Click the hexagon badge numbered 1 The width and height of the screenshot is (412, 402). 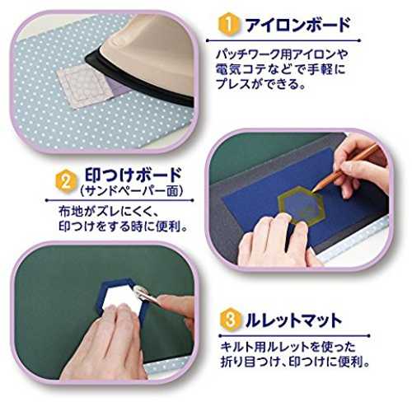pos(228,24)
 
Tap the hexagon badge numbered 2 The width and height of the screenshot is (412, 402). pos(66,182)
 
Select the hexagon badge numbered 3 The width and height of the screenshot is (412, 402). pos(231,320)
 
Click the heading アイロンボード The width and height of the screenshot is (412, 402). pos(298,25)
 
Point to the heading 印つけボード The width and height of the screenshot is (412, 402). pos(133,175)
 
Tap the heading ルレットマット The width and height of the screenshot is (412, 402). pos(293,320)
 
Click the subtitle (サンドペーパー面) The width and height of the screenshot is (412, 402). pos(131,191)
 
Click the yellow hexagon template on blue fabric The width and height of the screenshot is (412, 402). pos(302,205)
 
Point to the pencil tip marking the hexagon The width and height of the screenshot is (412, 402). pos(313,191)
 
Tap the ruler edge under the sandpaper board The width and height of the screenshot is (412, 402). pos(354,241)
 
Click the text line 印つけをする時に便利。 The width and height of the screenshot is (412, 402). pos(124,227)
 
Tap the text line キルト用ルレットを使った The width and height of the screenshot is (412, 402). pos(288,347)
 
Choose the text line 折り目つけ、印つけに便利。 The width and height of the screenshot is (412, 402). pos(295,362)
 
